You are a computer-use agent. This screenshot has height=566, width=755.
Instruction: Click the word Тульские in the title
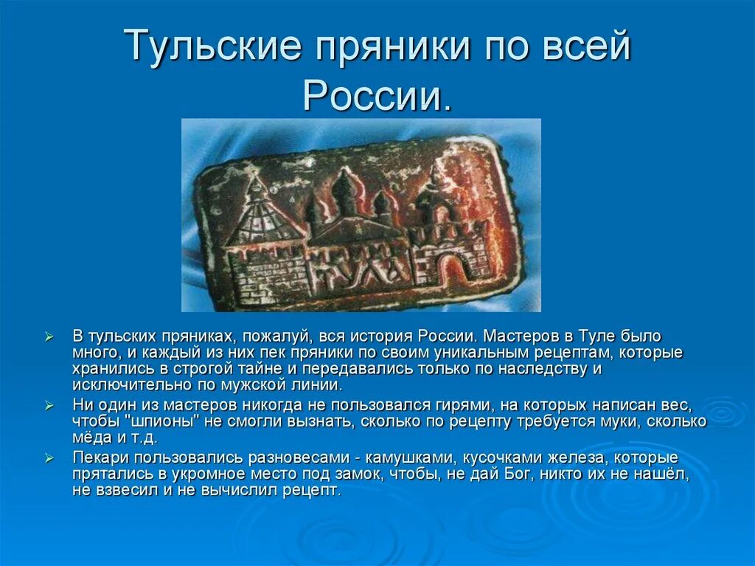(x=213, y=46)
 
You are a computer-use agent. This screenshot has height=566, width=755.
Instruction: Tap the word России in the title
(x=377, y=94)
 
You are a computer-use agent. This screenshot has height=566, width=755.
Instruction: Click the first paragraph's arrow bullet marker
(x=49, y=337)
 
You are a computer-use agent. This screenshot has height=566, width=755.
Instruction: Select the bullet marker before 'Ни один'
(x=49, y=405)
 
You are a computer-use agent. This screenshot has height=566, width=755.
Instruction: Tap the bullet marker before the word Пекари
(x=49, y=458)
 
